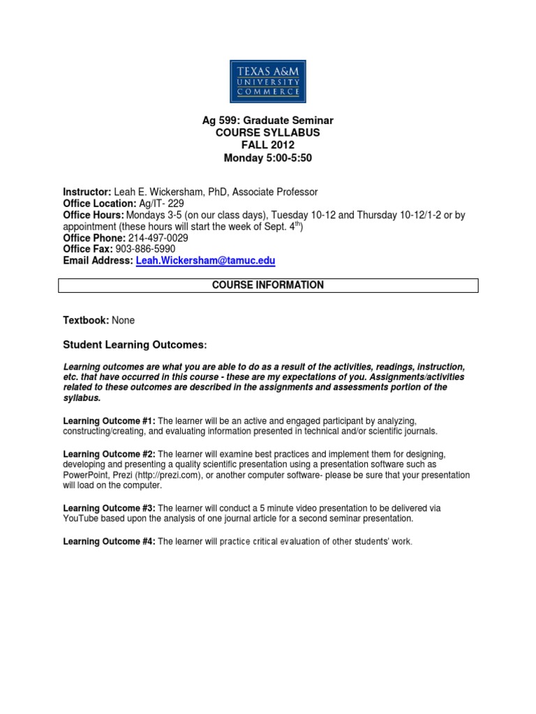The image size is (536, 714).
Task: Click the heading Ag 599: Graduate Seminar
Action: click(268, 121)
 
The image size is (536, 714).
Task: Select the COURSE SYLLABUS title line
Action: click(268, 132)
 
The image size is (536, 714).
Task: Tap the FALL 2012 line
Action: click(268, 145)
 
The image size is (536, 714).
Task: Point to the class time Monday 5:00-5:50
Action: click(268, 158)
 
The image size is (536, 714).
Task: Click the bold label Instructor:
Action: click(87, 192)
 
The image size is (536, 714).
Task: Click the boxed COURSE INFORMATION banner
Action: click(268, 285)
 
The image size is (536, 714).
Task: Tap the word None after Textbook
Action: click(124, 320)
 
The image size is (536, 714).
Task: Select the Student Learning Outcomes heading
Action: click(135, 345)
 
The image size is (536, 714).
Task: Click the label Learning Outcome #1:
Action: click(109, 420)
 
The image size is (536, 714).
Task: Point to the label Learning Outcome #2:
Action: click(109, 454)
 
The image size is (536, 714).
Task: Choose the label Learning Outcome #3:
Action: click(109, 508)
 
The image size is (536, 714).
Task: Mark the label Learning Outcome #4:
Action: click(109, 542)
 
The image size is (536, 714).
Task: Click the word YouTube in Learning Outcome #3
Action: click(82, 519)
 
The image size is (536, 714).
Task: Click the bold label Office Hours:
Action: click(94, 215)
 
